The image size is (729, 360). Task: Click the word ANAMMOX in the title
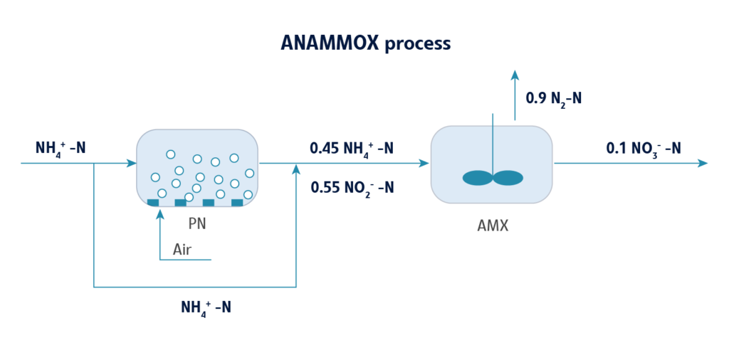point(330,43)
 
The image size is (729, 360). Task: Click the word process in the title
point(417,44)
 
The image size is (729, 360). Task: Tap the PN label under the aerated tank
point(197,224)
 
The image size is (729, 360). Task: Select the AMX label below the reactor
point(492,228)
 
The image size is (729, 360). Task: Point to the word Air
point(182,250)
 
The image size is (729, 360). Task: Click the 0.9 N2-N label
point(553,98)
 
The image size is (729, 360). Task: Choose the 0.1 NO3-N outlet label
point(643,148)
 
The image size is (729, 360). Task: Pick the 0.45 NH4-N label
point(352,149)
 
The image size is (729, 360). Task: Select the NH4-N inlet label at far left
point(61,149)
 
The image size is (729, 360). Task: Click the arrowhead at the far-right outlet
point(703,163)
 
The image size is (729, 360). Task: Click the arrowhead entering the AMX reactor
point(425,163)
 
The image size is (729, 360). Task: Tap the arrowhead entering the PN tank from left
point(132,163)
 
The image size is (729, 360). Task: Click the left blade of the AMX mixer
point(477,178)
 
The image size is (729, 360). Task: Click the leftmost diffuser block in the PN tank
point(153,203)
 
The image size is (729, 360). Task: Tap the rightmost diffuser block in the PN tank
point(237,203)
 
